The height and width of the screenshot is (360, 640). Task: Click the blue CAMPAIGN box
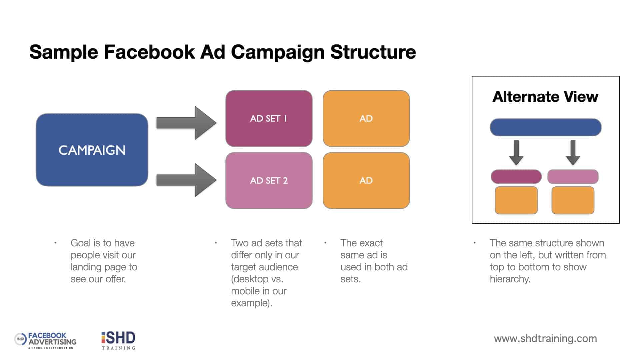(x=92, y=150)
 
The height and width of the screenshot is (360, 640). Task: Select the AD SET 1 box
(x=269, y=118)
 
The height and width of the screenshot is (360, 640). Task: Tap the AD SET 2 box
(x=269, y=181)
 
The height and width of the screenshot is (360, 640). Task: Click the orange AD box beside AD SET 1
(x=366, y=118)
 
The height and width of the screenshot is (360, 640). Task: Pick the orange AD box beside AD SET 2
(x=366, y=181)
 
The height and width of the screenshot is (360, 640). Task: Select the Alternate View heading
(x=545, y=97)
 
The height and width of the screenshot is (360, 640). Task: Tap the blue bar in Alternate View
(x=545, y=127)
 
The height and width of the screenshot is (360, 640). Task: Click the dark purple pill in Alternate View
(x=516, y=177)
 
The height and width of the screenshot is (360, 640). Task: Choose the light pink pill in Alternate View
(x=573, y=177)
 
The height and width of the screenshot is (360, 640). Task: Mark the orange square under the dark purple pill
(x=516, y=200)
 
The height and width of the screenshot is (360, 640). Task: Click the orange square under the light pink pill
(x=573, y=200)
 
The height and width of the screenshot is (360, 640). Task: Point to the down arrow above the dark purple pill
(x=516, y=153)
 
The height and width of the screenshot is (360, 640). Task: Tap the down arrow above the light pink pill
(x=573, y=153)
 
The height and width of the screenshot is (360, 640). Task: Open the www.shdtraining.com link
(x=545, y=339)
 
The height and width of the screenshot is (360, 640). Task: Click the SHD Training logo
(x=118, y=340)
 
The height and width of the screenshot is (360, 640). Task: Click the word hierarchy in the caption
(x=510, y=279)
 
